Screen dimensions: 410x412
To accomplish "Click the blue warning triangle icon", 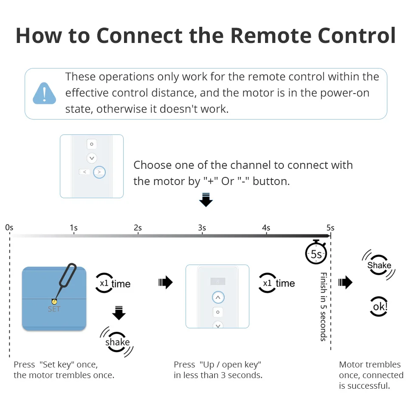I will [x=44, y=94].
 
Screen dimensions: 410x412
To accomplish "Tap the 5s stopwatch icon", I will [x=316, y=253].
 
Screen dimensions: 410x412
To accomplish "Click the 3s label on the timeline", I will [x=202, y=228].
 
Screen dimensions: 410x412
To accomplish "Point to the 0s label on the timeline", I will [x=9, y=228].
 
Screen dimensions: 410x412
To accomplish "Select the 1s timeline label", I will [x=73, y=228].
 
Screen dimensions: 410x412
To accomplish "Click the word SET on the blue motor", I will [x=54, y=309].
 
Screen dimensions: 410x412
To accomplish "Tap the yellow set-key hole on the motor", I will [x=54, y=302].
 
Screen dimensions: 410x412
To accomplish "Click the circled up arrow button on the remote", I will [x=217, y=297].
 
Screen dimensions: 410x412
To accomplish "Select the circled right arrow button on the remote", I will [x=99, y=172].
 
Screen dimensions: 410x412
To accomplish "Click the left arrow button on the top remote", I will [x=85, y=172].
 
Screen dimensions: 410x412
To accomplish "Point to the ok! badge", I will [x=379, y=306].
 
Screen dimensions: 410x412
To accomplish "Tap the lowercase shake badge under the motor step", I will [x=117, y=342].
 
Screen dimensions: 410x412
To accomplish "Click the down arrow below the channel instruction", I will [x=206, y=200].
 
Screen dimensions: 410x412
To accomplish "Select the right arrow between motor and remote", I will [x=165, y=282].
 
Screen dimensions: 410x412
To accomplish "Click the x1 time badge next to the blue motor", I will [x=113, y=284].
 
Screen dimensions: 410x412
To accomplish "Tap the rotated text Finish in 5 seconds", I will [x=323, y=307].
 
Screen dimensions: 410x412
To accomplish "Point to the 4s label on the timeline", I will [x=266, y=228].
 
